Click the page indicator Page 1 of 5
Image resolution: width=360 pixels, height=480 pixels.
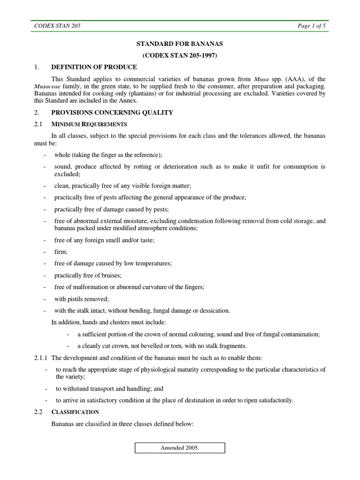(x=311, y=26)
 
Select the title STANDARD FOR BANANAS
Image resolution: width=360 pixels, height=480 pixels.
(x=180, y=44)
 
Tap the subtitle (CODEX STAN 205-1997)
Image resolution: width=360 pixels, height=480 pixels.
(x=180, y=55)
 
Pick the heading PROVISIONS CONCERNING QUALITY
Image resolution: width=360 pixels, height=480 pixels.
(x=112, y=112)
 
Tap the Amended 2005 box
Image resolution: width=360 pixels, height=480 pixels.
(x=180, y=448)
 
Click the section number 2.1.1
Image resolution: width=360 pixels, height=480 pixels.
(x=42, y=358)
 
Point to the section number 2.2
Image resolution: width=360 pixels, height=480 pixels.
(x=38, y=412)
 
